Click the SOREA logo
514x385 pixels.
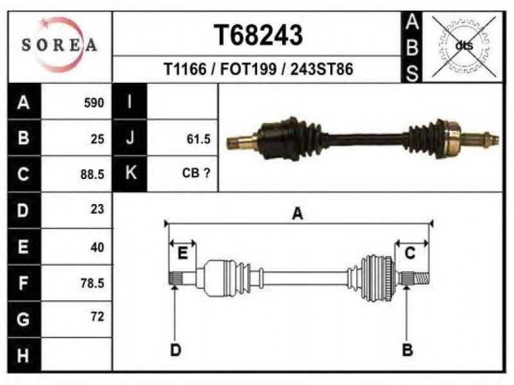pyautogui.click(x=59, y=44)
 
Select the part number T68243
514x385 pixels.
pyautogui.click(x=258, y=36)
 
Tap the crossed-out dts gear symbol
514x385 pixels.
pyautogui.click(x=462, y=46)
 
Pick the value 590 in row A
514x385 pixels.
pyautogui.click(x=94, y=103)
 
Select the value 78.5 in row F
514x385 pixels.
pyautogui.click(x=93, y=282)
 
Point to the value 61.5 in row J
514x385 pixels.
pyautogui.click(x=199, y=139)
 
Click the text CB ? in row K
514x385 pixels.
pyautogui.click(x=197, y=173)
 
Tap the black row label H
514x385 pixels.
pyautogui.click(x=24, y=355)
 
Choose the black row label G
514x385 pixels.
pyautogui.click(x=24, y=318)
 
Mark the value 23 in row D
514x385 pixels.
pyautogui.click(x=97, y=209)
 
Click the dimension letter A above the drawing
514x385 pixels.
pyautogui.click(x=297, y=214)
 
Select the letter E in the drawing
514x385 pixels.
pyautogui.click(x=182, y=253)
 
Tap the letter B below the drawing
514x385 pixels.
pyautogui.click(x=407, y=350)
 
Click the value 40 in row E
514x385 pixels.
pyautogui.click(x=97, y=246)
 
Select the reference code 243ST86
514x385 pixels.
pyautogui.click(x=322, y=69)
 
